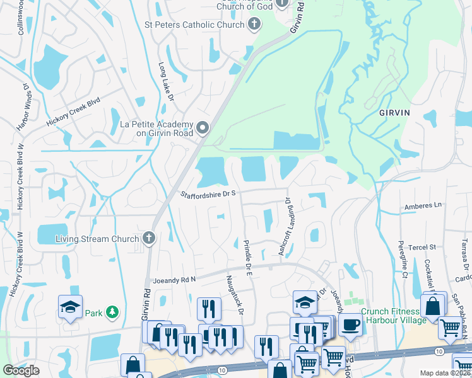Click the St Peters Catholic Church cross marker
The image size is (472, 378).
254,25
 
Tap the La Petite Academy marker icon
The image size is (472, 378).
203,129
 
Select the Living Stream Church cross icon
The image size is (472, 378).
148,238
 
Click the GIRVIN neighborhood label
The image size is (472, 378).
394,113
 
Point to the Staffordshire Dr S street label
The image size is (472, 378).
208,195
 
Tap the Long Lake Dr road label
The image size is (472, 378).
166,78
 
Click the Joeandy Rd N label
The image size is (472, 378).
175,279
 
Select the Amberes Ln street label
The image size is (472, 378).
423,206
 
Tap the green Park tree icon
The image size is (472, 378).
112,312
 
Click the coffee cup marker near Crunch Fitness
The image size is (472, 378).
349,324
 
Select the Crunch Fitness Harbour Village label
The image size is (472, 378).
390,316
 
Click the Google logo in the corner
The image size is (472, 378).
21,370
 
